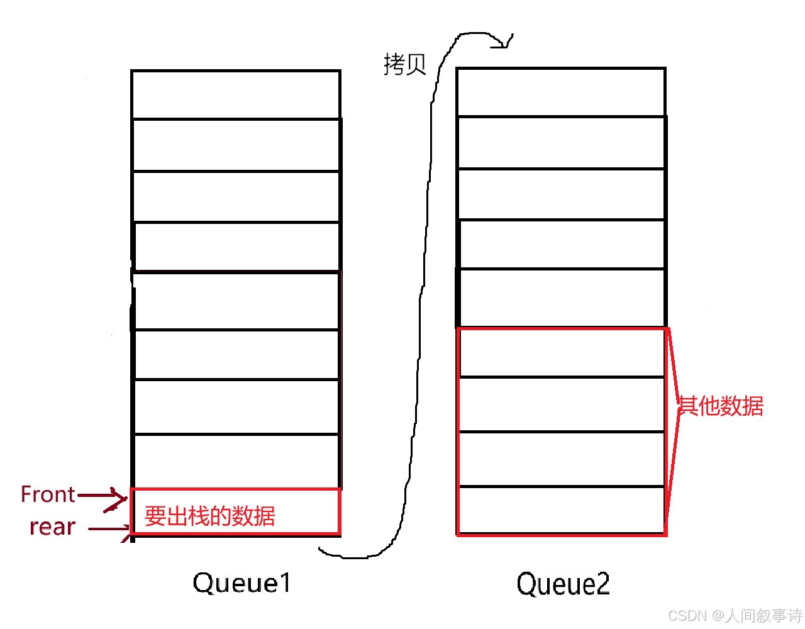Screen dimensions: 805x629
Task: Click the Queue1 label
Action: click(242, 583)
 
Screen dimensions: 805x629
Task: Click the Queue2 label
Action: click(563, 584)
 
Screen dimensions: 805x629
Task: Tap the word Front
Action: click(48, 494)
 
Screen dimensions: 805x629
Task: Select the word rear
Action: click(52, 526)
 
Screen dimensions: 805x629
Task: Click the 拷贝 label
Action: click(404, 64)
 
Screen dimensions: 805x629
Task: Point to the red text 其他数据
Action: click(721, 406)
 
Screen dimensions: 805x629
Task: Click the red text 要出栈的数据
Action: click(210, 516)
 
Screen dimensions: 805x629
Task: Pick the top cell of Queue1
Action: click(236, 94)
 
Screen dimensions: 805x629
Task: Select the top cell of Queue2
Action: click(561, 92)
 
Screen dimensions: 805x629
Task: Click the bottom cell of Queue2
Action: click(561, 510)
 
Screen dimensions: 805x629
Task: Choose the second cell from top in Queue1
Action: click(236, 145)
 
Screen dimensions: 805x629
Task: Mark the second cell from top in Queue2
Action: click(561, 142)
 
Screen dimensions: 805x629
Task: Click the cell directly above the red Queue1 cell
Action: click(236, 461)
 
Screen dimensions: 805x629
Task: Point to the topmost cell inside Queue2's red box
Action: click(561, 353)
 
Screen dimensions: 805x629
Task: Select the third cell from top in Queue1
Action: click(236, 196)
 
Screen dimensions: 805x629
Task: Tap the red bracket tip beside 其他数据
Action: click(678, 406)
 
